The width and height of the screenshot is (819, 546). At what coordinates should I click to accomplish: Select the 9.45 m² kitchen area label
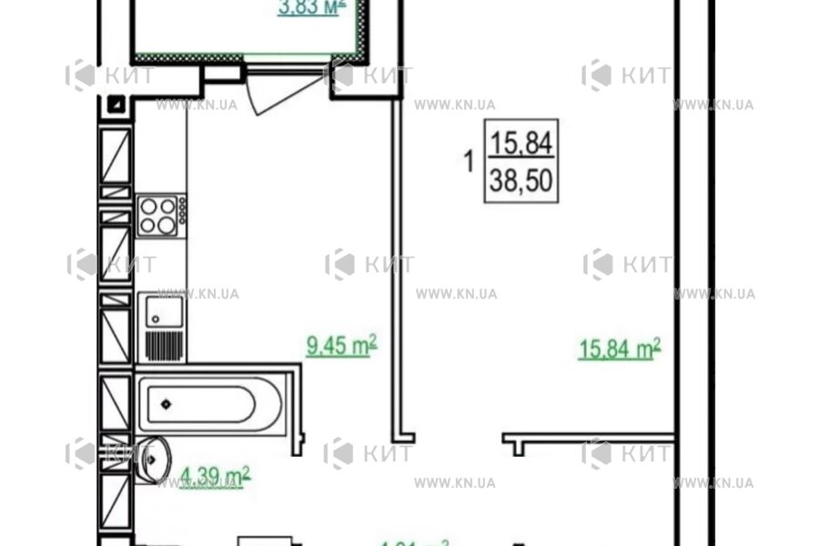(341, 346)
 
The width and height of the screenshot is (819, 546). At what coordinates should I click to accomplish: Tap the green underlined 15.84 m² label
(619, 349)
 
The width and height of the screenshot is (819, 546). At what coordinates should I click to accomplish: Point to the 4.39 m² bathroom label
(215, 475)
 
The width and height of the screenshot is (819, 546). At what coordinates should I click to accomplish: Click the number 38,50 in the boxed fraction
(521, 181)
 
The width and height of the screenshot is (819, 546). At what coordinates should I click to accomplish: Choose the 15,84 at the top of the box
(521, 142)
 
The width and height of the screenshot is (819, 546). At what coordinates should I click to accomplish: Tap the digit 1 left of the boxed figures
(469, 164)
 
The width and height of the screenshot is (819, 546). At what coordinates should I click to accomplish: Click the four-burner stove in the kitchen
(157, 217)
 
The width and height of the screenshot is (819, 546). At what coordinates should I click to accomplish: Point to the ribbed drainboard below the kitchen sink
(165, 346)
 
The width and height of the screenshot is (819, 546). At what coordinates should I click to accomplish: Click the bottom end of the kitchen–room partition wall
(399, 435)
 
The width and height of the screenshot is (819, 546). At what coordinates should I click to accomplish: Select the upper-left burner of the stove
(147, 207)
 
